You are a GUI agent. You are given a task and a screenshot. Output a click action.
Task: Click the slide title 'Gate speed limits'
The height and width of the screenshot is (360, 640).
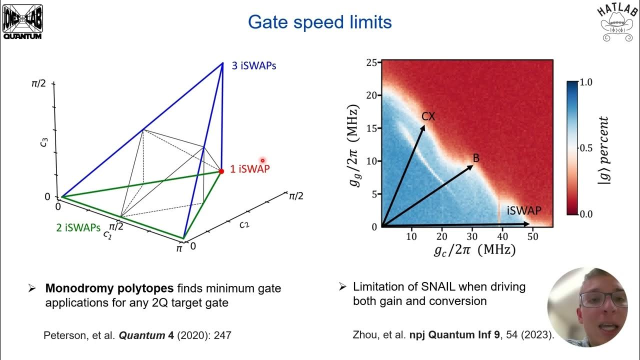(319, 22)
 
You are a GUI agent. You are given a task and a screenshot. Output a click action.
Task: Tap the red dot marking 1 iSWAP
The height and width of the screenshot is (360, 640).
(221, 171)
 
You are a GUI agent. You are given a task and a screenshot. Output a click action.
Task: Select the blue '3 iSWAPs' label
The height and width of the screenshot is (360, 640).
(253, 65)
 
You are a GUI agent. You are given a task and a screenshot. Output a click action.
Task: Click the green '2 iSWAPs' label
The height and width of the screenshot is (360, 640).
(79, 227)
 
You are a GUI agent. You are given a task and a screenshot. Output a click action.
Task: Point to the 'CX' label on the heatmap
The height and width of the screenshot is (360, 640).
(428, 116)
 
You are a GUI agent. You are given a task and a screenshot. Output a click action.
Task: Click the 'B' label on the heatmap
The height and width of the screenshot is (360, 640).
(476, 158)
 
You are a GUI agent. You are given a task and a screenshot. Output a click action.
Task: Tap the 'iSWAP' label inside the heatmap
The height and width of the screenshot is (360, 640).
(523, 210)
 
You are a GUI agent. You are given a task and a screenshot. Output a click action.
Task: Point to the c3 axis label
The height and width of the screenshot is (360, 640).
(45, 143)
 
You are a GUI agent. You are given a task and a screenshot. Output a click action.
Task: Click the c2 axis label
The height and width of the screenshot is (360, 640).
(243, 225)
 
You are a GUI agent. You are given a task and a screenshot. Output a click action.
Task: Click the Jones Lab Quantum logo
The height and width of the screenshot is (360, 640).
(22, 21)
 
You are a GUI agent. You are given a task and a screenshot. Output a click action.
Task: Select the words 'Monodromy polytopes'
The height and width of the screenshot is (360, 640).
(109, 288)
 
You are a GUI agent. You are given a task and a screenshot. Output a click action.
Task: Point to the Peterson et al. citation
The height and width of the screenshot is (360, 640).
(137, 335)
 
